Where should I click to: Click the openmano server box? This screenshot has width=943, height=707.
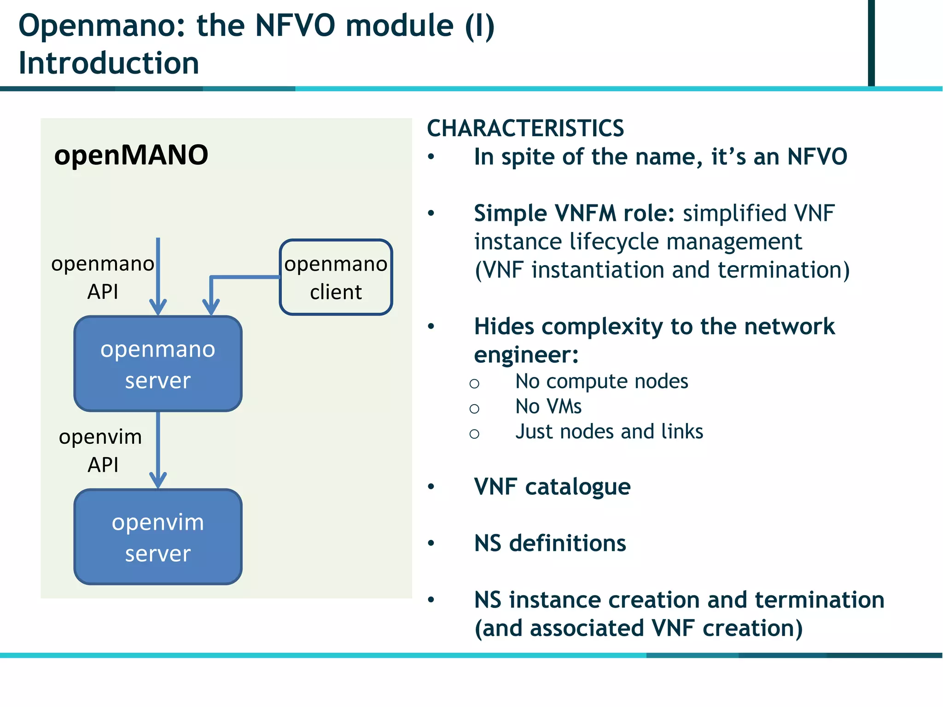(158, 364)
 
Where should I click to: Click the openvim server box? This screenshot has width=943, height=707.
(158, 537)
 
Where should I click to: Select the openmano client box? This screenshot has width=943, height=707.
(336, 278)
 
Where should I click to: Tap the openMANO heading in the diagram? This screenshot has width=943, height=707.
(131, 155)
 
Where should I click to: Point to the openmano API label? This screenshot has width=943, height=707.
(103, 278)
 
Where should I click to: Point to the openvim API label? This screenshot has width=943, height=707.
(101, 450)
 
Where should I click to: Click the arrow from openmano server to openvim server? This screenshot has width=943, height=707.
(158, 449)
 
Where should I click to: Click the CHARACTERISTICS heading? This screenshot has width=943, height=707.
(525, 128)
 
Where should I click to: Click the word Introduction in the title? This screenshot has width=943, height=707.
(109, 63)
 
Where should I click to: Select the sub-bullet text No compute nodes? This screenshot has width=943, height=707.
(601, 382)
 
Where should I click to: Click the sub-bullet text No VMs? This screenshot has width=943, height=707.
(548, 407)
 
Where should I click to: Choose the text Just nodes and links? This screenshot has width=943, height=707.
(609, 432)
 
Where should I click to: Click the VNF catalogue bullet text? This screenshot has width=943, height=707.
(552, 487)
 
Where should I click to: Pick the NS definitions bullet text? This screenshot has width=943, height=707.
(550, 544)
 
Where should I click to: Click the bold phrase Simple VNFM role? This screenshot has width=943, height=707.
(574, 214)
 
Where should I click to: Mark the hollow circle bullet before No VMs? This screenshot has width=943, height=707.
(474, 408)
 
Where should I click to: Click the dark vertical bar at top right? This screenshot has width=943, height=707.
(871, 42)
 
